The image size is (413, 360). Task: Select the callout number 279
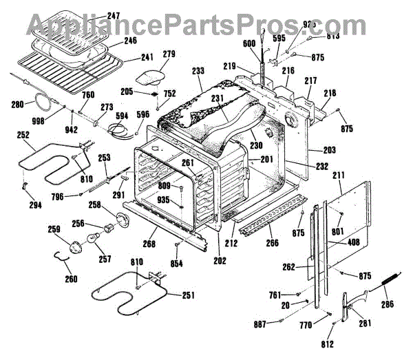pyautogui.click(x=169, y=53)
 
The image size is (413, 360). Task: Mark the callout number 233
pyautogui.click(x=198, y=71)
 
